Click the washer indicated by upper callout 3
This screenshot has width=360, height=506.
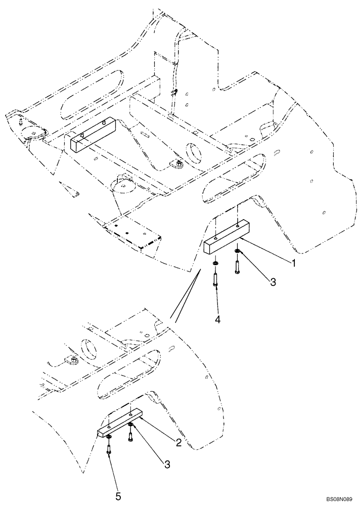pos(237,251)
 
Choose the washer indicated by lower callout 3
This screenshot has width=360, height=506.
pos(130,425)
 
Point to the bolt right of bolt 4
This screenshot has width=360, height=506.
pos(237,266)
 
